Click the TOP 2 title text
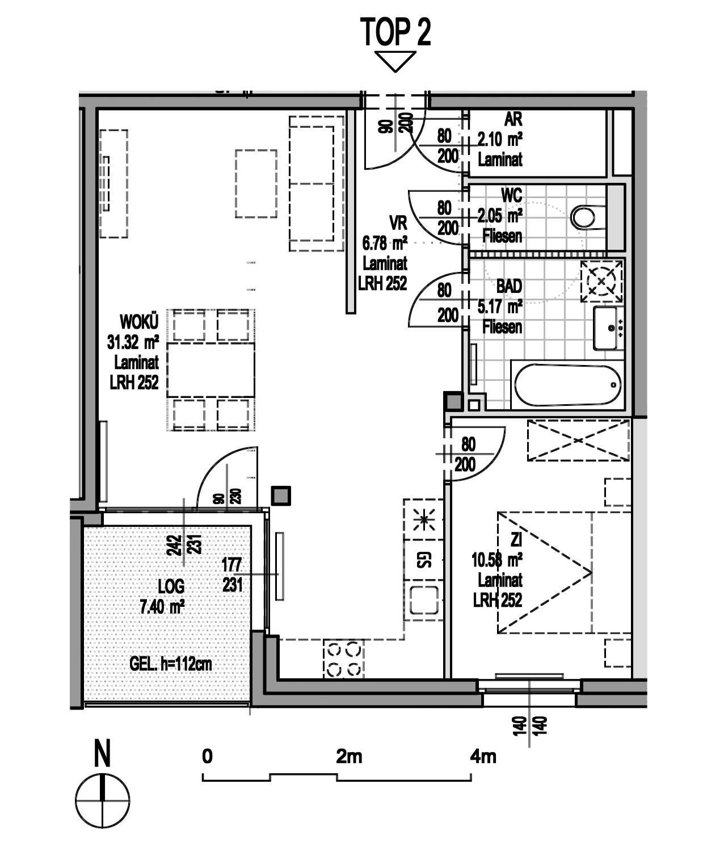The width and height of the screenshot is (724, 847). pos(395,32)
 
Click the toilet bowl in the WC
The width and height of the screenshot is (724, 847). pos(583,217)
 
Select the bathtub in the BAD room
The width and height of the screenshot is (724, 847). pos(568,384)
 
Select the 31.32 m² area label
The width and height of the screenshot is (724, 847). pos(133,342)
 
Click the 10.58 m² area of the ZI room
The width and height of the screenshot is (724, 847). pos(496,560)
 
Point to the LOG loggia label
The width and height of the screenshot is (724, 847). pos(171,586)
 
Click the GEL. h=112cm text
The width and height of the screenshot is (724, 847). pos(170,664)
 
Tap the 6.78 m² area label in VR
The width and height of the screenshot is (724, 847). pos(385,244)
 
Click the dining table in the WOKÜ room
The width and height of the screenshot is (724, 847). pos(211,369)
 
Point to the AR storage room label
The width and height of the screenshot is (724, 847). pos(513,119)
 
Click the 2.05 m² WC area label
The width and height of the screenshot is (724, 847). pos(499,216)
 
